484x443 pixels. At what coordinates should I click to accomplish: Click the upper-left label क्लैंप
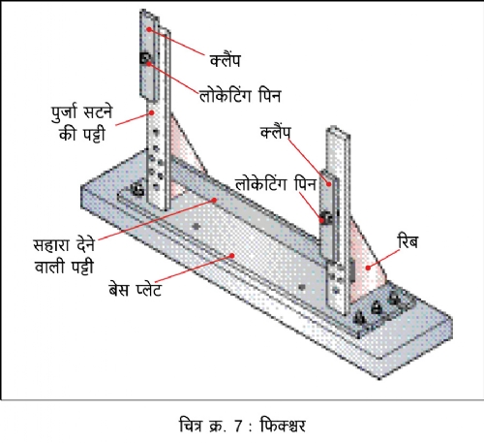225,61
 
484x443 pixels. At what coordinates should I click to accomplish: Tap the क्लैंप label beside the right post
276,133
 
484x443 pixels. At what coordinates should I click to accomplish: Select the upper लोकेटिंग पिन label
240,96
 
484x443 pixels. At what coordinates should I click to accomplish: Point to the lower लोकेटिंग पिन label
275,184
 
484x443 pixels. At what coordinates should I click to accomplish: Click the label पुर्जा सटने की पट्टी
82,123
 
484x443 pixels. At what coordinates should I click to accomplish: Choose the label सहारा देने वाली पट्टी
64,256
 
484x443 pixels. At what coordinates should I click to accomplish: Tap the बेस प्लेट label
135,290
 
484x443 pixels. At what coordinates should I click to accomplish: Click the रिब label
408,241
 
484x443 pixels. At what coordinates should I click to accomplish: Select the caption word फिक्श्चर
283,426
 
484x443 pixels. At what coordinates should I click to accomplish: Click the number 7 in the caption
238,426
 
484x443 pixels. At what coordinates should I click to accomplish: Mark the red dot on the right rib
368,268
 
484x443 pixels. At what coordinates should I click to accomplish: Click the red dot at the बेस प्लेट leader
231,256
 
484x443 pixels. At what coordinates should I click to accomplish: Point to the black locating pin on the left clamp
144,58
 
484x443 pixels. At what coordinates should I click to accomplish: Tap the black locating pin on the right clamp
326,217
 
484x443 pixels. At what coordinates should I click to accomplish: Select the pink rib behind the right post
368,259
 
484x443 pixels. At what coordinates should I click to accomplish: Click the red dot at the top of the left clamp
149,29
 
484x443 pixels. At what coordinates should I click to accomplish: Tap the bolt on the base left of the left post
137,189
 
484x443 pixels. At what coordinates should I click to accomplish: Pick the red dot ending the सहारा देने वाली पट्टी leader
214,200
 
